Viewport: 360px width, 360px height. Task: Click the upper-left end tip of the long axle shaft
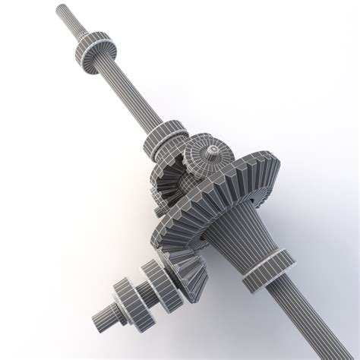tap(60, 9)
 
